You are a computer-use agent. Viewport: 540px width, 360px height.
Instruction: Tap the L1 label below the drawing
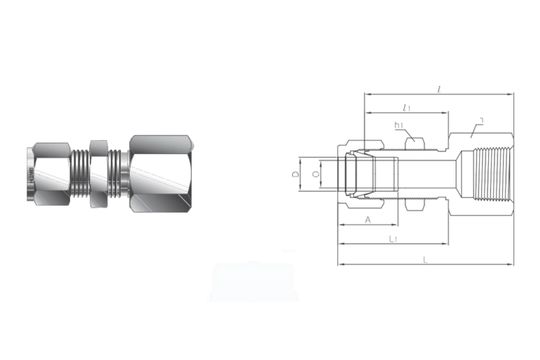[393, 240]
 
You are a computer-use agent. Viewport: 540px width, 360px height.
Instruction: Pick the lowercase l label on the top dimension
[440, 88]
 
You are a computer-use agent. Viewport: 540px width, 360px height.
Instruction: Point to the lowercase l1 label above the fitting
[405, 106]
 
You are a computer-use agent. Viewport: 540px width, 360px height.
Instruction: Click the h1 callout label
[399, 126]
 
